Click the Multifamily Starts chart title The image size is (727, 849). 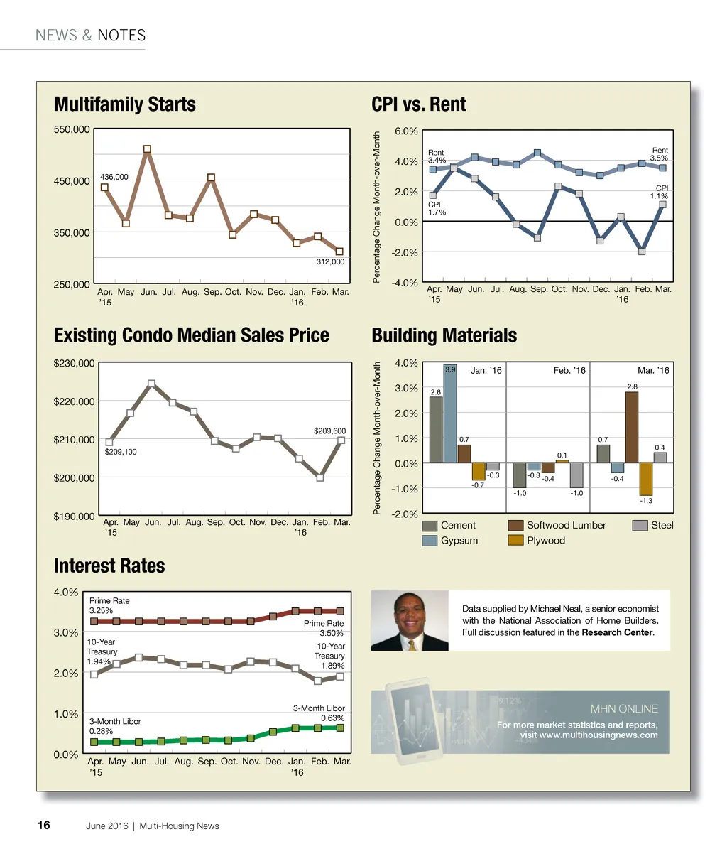[x=125, y=104]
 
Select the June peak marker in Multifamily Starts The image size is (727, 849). [x=147, y=149]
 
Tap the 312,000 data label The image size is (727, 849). [x=330, y=262]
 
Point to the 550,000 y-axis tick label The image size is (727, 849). [x=72, y=129]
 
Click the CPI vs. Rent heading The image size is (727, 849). [x=419, y=104]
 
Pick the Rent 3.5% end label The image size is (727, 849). [x=660, y=154]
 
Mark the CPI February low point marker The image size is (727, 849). [x=642, y=252]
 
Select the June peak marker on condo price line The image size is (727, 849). [x=151, y=384]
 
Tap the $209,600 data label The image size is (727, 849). [x=329, y=431]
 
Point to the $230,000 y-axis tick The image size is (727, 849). [x=75, y=363]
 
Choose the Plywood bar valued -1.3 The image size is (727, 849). [x=645, y=480]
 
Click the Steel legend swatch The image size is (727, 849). [x=640, y=526]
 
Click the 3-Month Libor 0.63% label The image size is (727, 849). [x=319, y=713]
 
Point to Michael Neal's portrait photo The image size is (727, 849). [x=410, y=621]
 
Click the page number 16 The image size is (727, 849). [x=43, y=826]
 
